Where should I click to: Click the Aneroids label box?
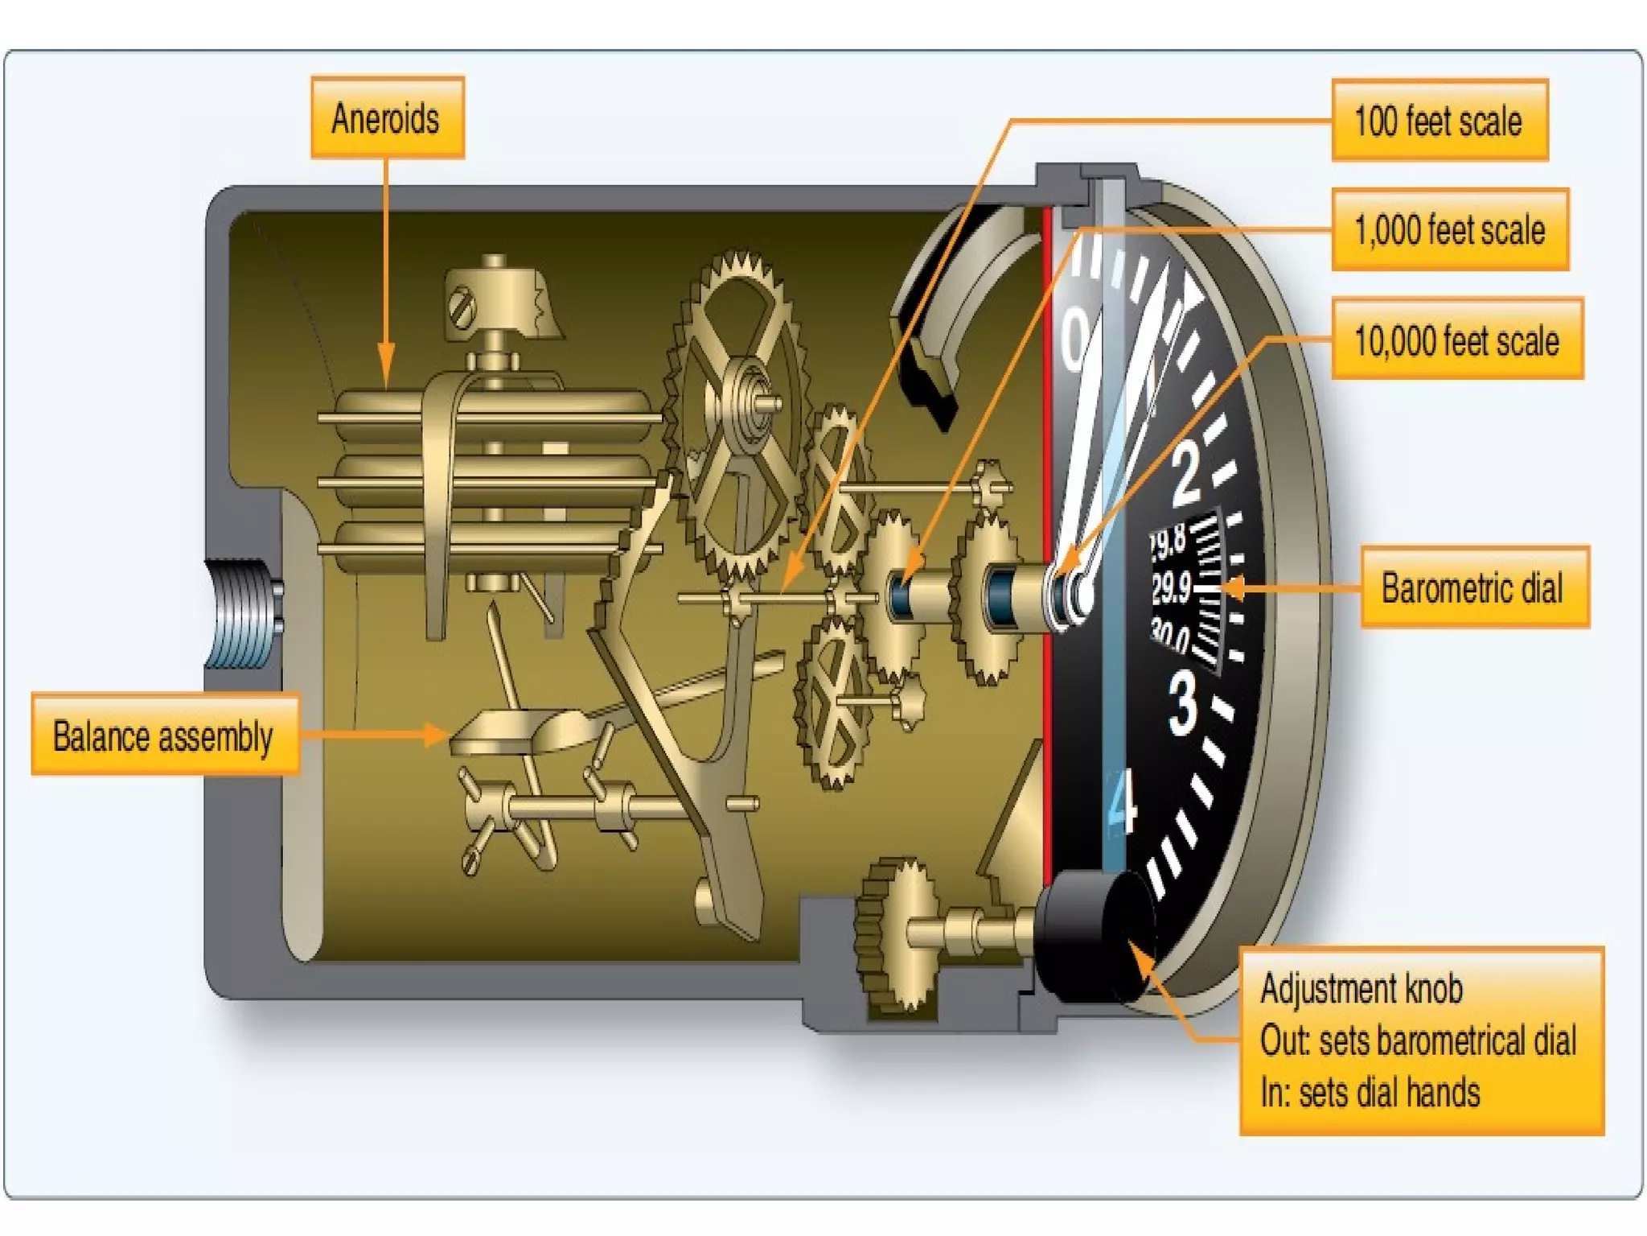coord(387,117)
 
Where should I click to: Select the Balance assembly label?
coord(164,735)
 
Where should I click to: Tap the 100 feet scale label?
coord(1439,121)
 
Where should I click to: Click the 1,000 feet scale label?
coord(1449,230)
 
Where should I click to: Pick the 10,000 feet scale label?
coord(1456,340)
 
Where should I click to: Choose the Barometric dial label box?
coord(1473,587)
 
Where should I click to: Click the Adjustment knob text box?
coord(1420,1040)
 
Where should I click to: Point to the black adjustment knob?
coord(1094,937)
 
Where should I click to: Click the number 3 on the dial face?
coord(1182,702)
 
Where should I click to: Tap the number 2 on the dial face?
coord(1187,475)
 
